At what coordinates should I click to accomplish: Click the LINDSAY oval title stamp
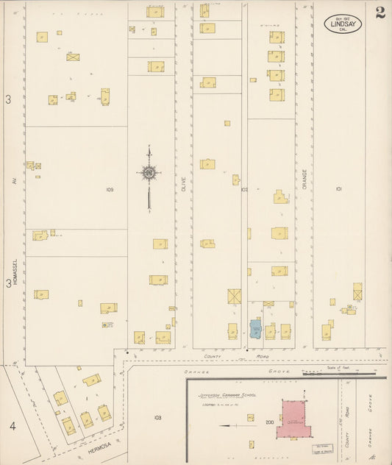343,24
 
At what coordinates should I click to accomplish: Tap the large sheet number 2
379,13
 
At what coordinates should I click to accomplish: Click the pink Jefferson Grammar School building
294,420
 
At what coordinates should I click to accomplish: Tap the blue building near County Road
255,329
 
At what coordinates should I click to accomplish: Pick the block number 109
109,190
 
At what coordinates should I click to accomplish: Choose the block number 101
339,189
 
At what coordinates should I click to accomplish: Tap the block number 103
157,417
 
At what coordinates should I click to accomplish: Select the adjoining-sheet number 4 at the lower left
12,426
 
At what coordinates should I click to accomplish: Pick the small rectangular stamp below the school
322,449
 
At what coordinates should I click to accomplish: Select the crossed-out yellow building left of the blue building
234,296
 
